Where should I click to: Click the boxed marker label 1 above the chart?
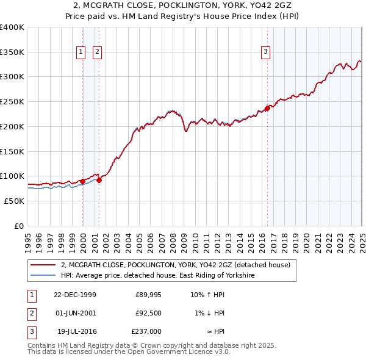81,52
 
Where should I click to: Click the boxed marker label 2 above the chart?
97,52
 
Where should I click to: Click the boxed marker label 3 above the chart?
266,52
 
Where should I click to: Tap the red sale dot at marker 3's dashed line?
267,109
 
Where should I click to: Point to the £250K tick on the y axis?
12,101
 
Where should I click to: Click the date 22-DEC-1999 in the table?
75,295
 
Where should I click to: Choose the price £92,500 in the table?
149,314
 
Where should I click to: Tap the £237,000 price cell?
147,332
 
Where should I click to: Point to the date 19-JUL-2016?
76,332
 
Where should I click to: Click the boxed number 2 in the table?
31,314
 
